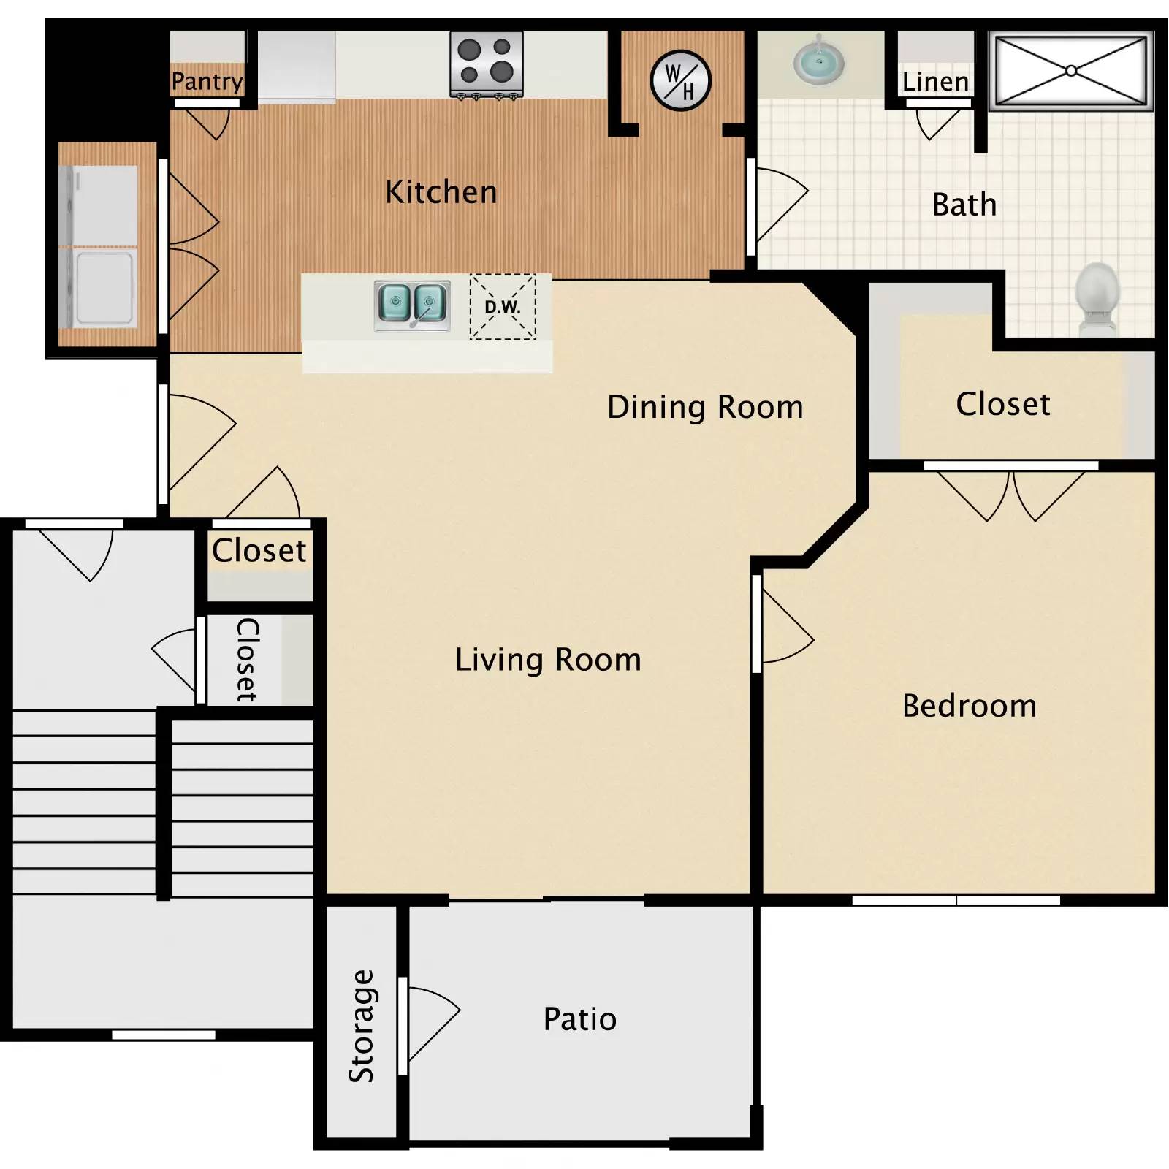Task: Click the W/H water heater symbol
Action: [x=680, y=80]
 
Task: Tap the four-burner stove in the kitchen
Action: [x=486, y=64]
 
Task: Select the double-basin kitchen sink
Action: [x=412, y=305]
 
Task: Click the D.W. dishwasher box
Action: [x=503, y=307]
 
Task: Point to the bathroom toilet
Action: [x=1097, y=298]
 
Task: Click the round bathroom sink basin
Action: [x=819, y=61]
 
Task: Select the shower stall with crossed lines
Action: [x=1070, y=71]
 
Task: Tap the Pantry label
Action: [x=207, y=81]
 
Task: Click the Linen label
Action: [x=935, y=82]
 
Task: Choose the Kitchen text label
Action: [x=441, y=192]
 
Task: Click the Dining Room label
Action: [x=705, y=407]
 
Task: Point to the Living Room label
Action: [x=548, y=660]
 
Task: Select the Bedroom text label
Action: [x=969, y=706]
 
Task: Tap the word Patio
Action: [x=580, y=1019]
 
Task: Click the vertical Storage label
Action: [x=361, y=1026]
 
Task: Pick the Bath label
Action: [x=964, y=205]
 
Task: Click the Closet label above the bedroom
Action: [x=1002, y=404]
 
